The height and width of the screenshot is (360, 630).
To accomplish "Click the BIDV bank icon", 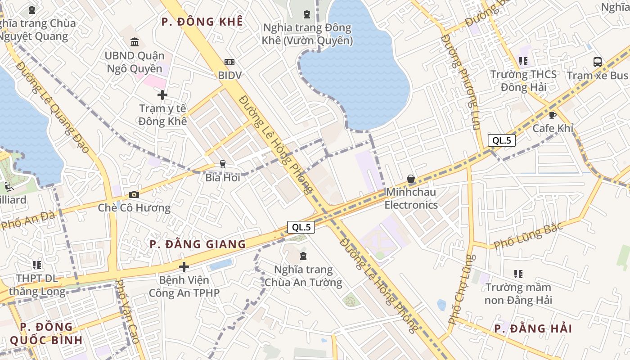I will coord(229,62).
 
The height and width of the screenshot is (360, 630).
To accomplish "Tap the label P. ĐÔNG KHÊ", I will coord(202,22).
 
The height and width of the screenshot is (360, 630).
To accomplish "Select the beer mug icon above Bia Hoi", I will coord(222,164).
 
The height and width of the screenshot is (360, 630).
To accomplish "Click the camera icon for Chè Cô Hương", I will coord(134,194).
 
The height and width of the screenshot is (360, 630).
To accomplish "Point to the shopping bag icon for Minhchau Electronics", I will coord(411,179).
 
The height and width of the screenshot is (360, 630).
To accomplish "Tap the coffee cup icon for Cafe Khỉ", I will coord(553,115).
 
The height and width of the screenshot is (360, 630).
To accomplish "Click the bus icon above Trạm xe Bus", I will coord(598,62).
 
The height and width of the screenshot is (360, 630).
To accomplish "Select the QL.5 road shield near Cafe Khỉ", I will coord(502,140).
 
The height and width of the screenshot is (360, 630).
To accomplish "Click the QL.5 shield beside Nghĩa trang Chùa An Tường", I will coord(301,227).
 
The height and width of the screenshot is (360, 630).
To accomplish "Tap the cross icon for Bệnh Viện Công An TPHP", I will coord(184,267).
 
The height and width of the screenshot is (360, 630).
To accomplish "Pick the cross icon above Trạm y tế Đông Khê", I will coord(162,95).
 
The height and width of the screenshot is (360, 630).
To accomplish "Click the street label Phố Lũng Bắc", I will coord(528,236).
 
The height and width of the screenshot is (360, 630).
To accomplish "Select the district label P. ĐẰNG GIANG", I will coord(198,244).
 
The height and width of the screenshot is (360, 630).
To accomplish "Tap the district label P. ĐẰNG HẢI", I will coord(533,328).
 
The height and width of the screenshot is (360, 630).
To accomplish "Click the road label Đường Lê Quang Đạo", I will coord(53,107).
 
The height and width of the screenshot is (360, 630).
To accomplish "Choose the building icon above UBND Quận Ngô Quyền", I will coord(134,42).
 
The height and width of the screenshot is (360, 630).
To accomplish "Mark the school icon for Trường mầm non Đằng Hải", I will coord(518,274).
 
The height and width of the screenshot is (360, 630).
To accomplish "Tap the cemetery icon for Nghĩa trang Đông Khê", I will coord(307,14).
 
